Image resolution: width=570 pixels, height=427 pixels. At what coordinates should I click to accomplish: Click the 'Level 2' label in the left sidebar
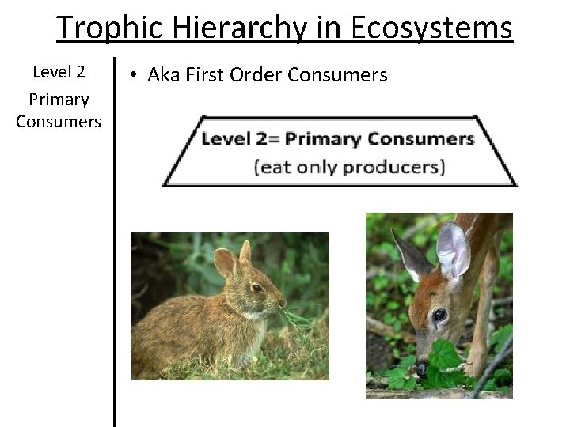59,73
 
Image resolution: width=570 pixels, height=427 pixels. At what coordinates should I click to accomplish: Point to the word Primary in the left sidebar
59,100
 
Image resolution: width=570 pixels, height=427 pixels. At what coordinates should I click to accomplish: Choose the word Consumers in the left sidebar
59,122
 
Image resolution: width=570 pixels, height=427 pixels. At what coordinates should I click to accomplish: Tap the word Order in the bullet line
256,75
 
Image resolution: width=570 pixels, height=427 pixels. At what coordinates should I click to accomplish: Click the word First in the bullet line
209,75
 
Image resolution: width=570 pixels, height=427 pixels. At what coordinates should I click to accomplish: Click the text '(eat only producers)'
349,167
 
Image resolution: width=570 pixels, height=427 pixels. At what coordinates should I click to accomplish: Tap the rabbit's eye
256,288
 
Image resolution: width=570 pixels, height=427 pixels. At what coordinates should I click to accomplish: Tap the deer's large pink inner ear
454,249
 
